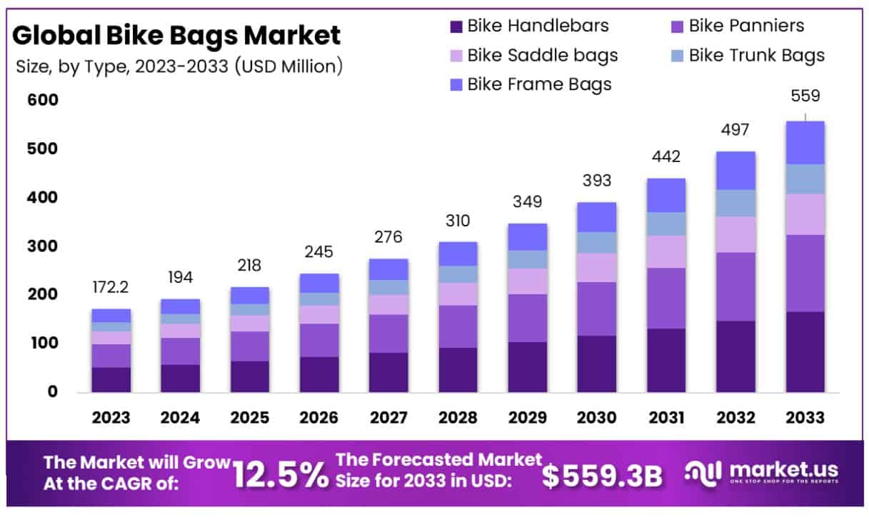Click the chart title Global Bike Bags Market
click(x=177, y=35)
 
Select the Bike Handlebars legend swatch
click(x=456, y=27)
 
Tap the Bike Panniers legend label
click(x=746, y=26)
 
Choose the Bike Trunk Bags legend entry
click(x=756, y=56)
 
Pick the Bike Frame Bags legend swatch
click(x=456, y=85)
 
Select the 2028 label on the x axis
click(x=458, y=418)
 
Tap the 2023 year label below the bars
click(x=111, y=418)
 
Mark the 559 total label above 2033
click(x=805, y=96)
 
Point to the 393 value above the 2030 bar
click(x=597, y=181)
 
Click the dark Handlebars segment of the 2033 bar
click(x=805, y=351)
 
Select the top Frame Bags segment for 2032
click(x=736, y=170)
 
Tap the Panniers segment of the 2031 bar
click(x=666, y=298)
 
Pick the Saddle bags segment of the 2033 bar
click(x=805, y=214)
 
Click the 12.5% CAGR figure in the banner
click(x=281, y=474)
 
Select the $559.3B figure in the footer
click(x=602, y=476)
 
